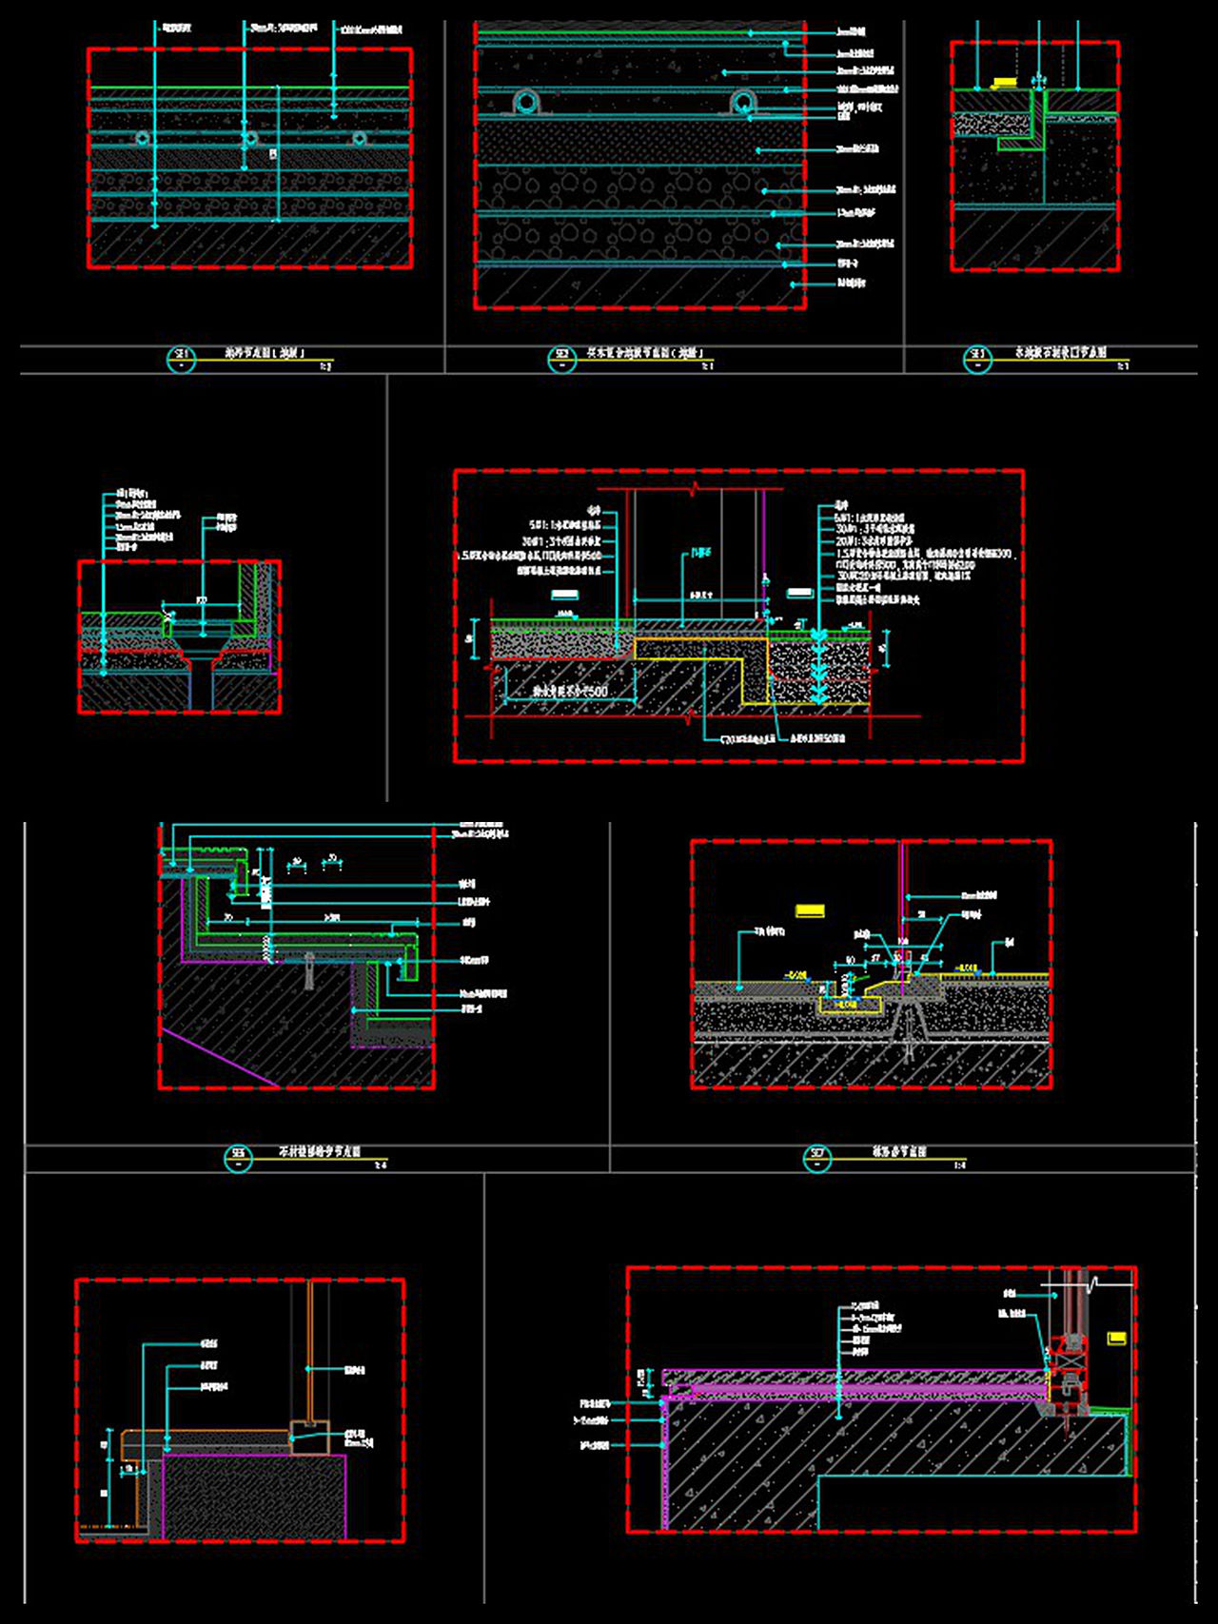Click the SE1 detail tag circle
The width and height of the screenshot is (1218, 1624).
pos(181,360)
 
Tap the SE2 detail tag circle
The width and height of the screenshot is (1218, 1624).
pos(561,360)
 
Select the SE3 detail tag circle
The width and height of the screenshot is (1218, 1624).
pos(977,360)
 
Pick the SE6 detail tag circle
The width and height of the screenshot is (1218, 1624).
pos(237,1158)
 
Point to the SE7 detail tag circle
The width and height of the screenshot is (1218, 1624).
pos(816,1158)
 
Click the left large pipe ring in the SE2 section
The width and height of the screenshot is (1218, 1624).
pos(526,103)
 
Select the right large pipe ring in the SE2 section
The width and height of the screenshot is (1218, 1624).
pos(744,103)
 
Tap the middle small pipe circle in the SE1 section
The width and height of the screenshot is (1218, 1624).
pos(250,139)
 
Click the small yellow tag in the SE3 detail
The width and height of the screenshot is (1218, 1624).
pos(1003,83)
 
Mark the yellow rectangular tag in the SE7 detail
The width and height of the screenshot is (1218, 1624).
pos(810,911)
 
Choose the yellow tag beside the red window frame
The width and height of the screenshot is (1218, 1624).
pos(1117,1339)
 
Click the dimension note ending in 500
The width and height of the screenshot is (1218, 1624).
pos(570,692)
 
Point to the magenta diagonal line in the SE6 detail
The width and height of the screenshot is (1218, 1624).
pos(220,1057)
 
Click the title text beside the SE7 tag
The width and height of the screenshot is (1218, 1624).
pos(898,1152)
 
